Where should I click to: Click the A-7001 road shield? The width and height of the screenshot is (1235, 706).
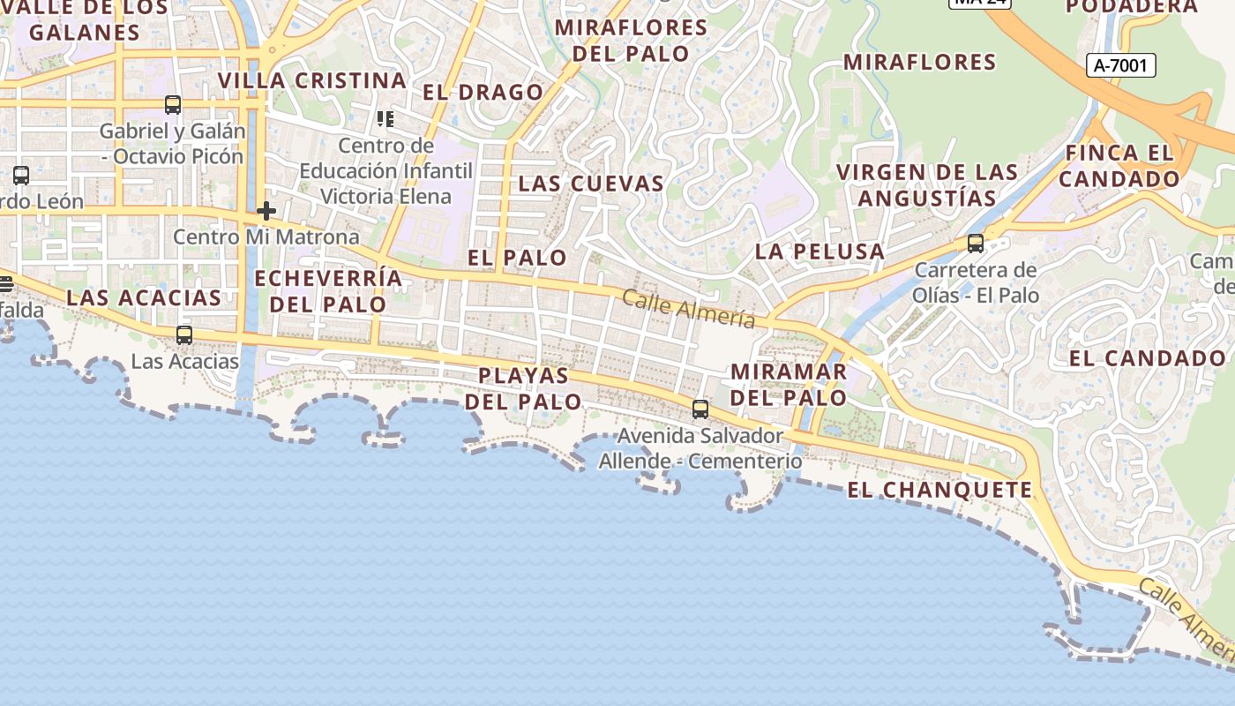1119,64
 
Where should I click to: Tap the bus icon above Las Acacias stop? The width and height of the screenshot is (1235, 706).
184,335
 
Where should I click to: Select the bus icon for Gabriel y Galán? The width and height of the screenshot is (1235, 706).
173,105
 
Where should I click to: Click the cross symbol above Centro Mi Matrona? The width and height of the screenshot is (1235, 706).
266,211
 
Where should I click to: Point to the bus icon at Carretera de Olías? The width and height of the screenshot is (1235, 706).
976,244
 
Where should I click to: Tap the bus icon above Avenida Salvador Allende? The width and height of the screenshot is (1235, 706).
700,409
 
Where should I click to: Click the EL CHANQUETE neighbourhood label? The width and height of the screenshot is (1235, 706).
939,491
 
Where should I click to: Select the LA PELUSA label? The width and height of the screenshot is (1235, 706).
820,252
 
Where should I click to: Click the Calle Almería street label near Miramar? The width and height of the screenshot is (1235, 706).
689,309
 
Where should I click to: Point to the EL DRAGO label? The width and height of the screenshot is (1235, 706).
483,93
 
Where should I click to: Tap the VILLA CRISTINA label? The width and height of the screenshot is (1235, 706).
312,81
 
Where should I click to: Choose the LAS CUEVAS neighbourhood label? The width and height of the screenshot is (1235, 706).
591,184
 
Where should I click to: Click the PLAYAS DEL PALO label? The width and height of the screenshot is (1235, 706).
524,388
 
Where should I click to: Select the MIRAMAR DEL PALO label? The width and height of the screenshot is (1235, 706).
789,384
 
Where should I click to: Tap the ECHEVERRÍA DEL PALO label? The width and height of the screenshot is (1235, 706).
328,291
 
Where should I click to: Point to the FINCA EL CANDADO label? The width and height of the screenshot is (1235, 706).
1119,166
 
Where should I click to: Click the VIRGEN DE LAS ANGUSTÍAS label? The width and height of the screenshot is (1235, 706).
927,184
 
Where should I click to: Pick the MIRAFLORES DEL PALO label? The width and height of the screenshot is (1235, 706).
632,41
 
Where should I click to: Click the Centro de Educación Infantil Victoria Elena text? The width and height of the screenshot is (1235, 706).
386,170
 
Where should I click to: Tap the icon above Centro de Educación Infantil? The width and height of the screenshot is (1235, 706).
385,118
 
